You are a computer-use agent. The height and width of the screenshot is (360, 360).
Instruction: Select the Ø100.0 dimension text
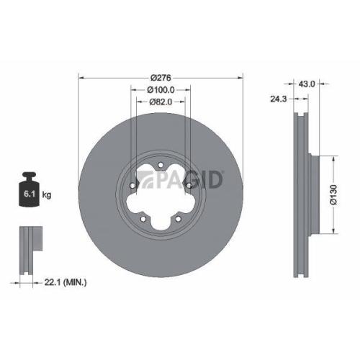click(x=159, y=89)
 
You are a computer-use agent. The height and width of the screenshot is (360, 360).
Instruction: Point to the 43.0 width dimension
click(x=307, y=84)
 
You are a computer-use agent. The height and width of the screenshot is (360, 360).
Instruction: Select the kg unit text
click(x=47, y=194)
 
